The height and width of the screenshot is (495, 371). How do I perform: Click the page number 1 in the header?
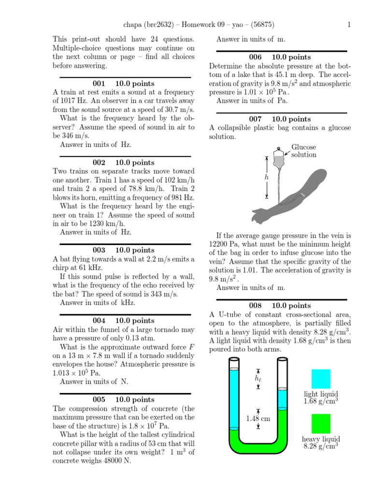(x=349, y=26)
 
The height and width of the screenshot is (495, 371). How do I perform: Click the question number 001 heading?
(x=99, y=84)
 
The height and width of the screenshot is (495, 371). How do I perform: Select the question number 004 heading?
(x=99, y=320)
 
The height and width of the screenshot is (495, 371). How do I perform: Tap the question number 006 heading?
(x=255, y=57)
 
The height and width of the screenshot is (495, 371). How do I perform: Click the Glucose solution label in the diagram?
(x=303, y=151)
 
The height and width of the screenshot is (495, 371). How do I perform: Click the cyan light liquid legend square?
(x=321, y=379)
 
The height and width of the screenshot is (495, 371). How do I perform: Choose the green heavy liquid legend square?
(x=321, y=424)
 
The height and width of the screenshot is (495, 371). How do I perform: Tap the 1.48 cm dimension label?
(x=257, y=419)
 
